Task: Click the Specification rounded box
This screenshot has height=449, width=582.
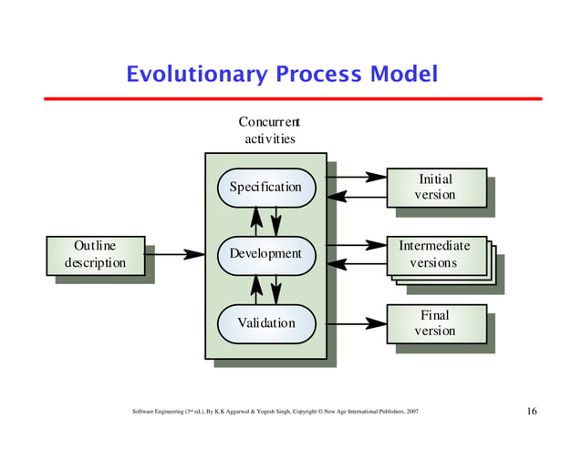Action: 265,187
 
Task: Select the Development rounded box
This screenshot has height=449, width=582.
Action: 265,253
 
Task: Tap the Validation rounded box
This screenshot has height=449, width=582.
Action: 265,323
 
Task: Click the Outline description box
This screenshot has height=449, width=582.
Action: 95,254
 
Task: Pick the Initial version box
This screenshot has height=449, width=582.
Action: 435,187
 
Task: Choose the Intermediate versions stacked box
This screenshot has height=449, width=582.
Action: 435,254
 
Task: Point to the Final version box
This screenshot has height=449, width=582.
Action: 435,323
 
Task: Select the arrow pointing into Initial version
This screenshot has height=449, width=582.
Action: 356,176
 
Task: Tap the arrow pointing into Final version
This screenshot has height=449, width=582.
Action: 356,323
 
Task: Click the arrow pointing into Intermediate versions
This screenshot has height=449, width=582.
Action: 356,244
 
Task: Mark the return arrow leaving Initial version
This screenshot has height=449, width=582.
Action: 356,197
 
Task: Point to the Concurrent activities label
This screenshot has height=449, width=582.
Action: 269,130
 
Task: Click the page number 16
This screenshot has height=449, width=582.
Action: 531,412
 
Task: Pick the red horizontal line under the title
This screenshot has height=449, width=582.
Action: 291,98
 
